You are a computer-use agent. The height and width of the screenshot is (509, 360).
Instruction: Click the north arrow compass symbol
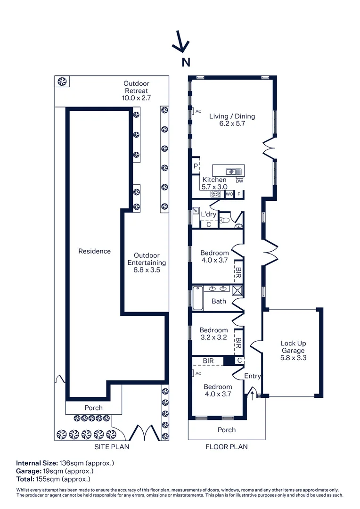180,42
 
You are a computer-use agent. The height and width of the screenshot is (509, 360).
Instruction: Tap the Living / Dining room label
232,120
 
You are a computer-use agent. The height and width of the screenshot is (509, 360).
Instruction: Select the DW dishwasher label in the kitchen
239,181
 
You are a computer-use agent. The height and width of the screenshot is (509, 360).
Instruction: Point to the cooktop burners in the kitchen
216,194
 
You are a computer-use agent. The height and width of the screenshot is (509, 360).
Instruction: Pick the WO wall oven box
229,194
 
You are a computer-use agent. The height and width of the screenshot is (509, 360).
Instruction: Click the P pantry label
195,166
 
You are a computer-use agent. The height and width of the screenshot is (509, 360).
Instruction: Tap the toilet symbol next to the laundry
225,220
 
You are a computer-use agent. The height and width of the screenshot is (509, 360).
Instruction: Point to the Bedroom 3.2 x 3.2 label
213,334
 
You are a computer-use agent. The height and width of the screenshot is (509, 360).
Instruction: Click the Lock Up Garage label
293,347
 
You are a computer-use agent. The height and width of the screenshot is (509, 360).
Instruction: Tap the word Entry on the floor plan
253,376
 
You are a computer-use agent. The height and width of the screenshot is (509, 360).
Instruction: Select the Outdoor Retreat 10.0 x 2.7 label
136,91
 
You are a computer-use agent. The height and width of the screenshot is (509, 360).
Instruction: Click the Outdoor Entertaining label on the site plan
147,263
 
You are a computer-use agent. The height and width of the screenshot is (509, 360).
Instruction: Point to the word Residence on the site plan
94,251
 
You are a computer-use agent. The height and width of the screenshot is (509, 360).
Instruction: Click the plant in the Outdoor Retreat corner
62,82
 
